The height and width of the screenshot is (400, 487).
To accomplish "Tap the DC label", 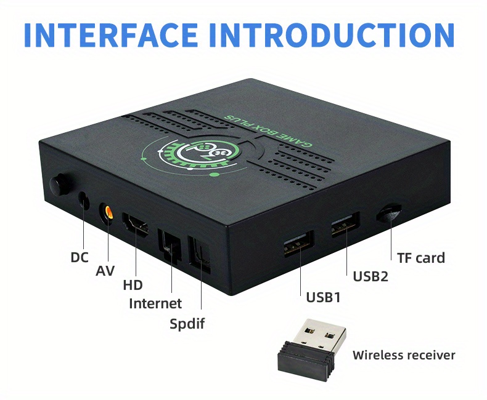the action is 80,257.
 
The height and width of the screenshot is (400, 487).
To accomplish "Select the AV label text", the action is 105,271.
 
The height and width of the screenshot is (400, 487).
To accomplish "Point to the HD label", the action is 133,285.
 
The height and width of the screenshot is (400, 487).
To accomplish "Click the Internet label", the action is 155,303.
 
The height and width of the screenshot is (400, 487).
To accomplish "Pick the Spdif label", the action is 187,324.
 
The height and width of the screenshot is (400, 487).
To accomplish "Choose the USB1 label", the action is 323,297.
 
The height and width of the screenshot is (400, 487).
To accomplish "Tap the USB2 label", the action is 370,276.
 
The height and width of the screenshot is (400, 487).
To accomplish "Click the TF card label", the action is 421,258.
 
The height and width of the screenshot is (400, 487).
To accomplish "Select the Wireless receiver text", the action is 404,355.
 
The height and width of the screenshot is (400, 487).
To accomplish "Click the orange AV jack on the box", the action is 107,213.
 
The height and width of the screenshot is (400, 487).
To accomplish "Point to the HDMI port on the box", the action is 136,225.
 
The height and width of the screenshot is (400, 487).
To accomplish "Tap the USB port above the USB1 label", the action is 298,244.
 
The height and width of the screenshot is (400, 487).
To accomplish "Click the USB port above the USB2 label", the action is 345,225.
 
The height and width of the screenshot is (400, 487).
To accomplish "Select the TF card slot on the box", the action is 388,212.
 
